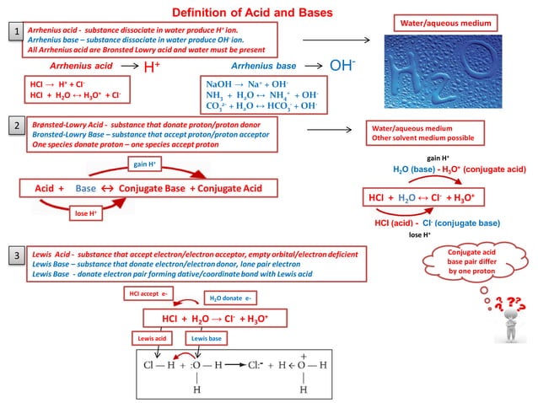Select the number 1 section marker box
(14, 32)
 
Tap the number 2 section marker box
(14, 126)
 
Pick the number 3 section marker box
(14, 254)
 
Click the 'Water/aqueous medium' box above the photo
(458, 22)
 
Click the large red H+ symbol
(153, 67)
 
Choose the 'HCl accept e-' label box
(148, 293)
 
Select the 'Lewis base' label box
(207, 337)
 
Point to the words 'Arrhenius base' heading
(263, 66)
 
